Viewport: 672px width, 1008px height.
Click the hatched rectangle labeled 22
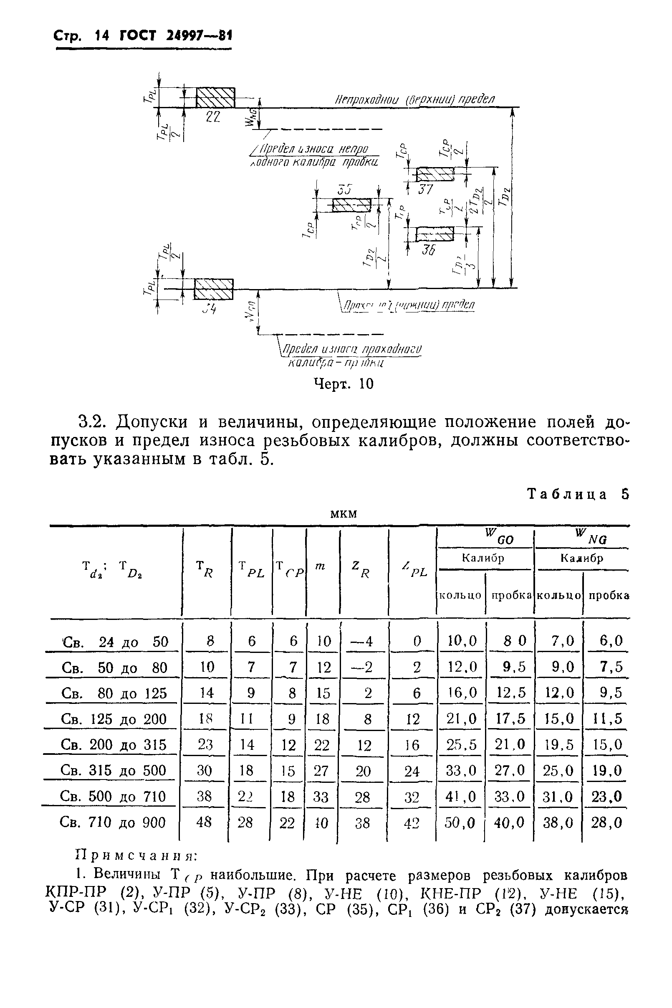tap(215, 97)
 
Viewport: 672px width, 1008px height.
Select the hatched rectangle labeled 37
tap(435, 174)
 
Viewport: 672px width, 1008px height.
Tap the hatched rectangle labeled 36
tap(435, 234)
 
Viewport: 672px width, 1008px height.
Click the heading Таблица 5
tap(578, 494)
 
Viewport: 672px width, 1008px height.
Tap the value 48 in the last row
tap(204, 822)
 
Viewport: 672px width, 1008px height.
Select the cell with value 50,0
tap(460, 822)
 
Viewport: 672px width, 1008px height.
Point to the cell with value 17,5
tap(510, 719)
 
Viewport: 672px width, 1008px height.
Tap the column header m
tap(320, 566)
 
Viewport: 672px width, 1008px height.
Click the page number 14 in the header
tap(102, 36)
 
